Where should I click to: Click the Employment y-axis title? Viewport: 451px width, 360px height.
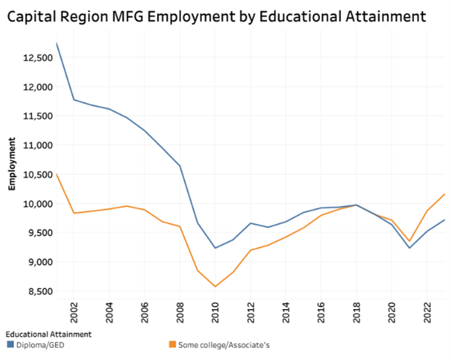[x=12, y=165]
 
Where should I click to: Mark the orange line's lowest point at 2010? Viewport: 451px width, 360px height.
[x=215, y=286]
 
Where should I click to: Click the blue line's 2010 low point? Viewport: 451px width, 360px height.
[x=215, y=248]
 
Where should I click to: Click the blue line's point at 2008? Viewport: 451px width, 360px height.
[x=180, y=166]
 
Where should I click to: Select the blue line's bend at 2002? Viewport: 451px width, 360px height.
[x=73, y=100]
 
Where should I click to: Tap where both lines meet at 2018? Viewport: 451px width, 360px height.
[x=356, y=205]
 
